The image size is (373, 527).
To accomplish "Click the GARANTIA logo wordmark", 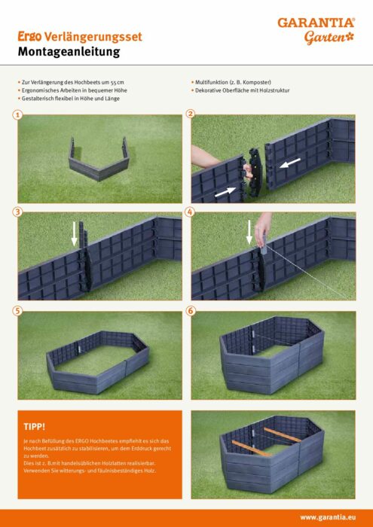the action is point(316,23).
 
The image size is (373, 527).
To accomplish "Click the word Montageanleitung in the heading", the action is point(69,52).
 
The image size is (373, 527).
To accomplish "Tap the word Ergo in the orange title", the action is point(29,37).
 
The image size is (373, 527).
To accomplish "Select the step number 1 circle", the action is point(17,115).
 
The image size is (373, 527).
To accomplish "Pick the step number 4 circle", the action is point(191,212).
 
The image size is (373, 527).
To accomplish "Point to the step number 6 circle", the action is point(191,311).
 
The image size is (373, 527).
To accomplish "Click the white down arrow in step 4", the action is point(249,232).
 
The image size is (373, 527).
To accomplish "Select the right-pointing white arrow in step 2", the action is point(225,192).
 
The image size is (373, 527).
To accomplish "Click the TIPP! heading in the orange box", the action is point(35,427).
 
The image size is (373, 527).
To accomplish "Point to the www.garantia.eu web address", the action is point(328,518).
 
